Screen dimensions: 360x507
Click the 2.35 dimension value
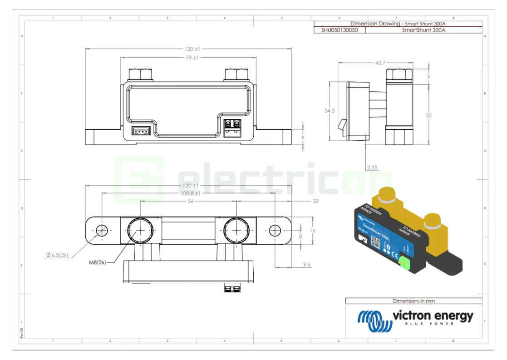pyautogui.click(x=372, y=168)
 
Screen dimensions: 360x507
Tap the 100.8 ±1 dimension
pyautogui.click(x=190, y=193)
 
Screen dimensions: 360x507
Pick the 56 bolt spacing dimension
pyautogui.click(x=191, y=201)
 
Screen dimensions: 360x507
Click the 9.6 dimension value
pyautogui.click(x=307, y=264)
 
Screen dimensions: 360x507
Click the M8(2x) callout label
pyautogui.click(x=97, y=262)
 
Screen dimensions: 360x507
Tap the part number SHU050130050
pyautogui.click(x=339, y=30)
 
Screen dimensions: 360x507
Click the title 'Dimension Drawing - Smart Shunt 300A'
pyautogui.click(x=398, y=24)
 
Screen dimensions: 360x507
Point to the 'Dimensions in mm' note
pyautogui.click(x=413, y=301)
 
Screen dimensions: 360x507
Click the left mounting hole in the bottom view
pyautogui.click(x=102, y=230)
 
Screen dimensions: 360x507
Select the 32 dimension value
pyautogui.click(x=315, y=201)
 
